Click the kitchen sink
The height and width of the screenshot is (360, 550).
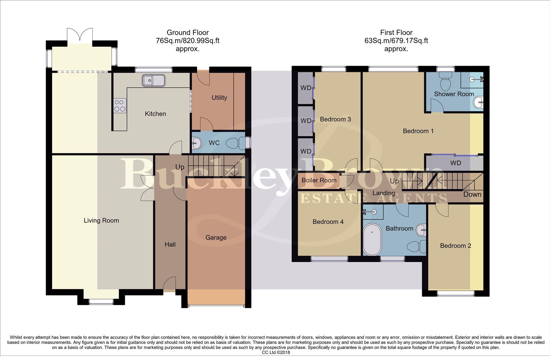coord(153,80)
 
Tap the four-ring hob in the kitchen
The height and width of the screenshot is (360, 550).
coord(120,105)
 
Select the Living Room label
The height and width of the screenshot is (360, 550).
coord(101,220)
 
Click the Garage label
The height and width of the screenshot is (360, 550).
coord(216,237)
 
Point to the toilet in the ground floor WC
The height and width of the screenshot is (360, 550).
coord(235,144)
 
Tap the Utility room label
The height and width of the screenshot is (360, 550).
coord(219,98)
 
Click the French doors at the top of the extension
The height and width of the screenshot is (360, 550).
coord(79,35)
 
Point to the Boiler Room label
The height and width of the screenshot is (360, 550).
coord(319,180)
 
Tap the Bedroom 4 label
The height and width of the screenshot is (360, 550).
coord(328,222)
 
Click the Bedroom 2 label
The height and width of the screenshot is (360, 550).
coord(455,246)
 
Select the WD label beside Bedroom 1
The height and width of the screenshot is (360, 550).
coord(455,163)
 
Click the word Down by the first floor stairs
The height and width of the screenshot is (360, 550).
coord(472,194)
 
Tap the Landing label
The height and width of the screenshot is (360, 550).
coord(384,193)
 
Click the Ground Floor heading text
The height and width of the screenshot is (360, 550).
coord(187,32)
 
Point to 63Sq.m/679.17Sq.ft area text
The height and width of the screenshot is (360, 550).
coord(396,41)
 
